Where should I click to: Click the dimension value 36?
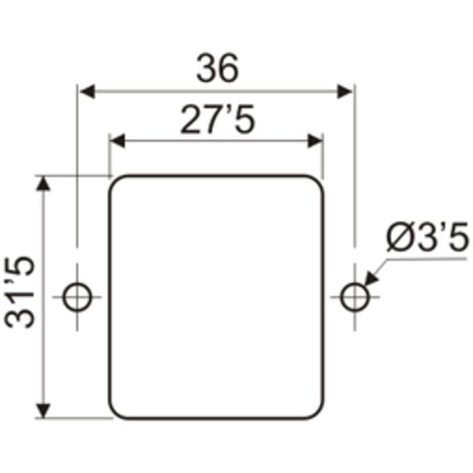(218, 68)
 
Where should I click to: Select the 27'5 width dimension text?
(218, 120)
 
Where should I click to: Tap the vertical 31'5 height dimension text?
(21, 292)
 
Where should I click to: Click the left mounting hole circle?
(77, 297)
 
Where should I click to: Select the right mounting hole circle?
(355, 297)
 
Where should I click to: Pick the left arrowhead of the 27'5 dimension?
(118, 141)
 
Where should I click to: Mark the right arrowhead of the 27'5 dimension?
(315, 141)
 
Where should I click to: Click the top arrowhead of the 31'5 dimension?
(43, 183)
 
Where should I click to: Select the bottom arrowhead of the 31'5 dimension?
(43, 410)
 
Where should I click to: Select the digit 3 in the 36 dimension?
(207, 68)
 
